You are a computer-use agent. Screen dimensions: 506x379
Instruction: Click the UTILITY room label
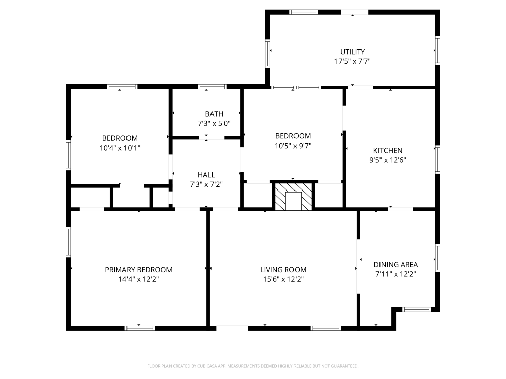[x=352, y=52]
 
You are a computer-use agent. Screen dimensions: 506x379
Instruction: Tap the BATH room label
[x=214, y=114]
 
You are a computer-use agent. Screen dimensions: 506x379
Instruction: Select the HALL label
[x=206, y=175]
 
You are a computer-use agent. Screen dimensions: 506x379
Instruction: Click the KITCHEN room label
[x=388, y=150]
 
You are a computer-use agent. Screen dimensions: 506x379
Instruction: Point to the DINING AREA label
[x=396, y=265]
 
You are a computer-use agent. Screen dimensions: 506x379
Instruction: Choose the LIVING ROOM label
[x=283, y=270]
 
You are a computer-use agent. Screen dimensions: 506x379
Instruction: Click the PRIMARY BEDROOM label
[x=139, y=270]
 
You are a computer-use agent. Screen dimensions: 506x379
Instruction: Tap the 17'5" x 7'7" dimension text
[x=352, y=61]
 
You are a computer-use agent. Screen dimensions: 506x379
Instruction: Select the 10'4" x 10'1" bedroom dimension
[x=120, y=148]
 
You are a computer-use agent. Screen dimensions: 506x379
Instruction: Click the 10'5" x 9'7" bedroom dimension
[x=293, y=146]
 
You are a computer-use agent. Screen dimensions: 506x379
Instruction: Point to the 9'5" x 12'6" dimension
[x=388, y=160]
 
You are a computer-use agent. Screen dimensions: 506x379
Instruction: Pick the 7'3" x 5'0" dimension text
[x=214, y=123]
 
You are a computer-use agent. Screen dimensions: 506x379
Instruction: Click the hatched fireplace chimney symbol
[x=293, y=197]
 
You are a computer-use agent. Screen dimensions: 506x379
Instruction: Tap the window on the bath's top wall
[x=212, y=87]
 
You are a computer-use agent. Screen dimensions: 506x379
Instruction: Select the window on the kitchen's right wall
[x=438, y=159]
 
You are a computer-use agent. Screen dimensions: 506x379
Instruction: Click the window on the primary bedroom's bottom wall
[x=140, y=328]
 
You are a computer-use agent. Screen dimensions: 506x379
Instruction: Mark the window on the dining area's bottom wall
[x=416, y=309]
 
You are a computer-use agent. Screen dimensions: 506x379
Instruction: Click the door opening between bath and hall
[x=212, y=138]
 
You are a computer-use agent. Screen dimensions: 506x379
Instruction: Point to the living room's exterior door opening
[x=232, y=328]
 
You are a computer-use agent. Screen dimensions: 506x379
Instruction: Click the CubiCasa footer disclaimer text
[x=252, y=366]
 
